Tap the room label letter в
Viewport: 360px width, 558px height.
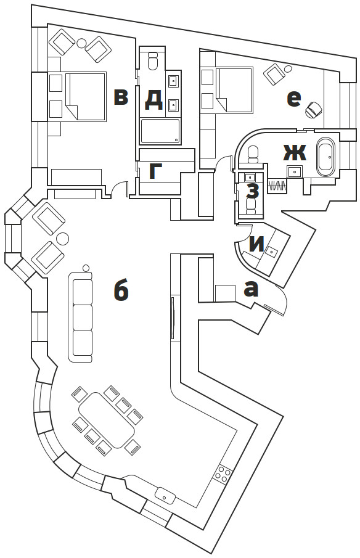[121, 97]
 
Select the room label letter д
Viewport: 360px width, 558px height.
[154, 99]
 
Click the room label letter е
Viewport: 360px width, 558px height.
[293, 99]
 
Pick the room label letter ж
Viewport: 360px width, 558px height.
[295, 153]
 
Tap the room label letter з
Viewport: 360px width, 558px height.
[252, 191]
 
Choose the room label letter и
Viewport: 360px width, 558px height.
[257, 244]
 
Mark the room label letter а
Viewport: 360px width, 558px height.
[251, 289]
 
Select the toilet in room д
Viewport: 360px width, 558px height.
[153, 61]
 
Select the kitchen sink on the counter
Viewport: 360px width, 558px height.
[165, 495]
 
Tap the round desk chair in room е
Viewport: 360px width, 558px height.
[313, 110]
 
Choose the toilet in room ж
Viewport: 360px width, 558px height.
[253, 154]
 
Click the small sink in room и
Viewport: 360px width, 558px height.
[272, 251]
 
